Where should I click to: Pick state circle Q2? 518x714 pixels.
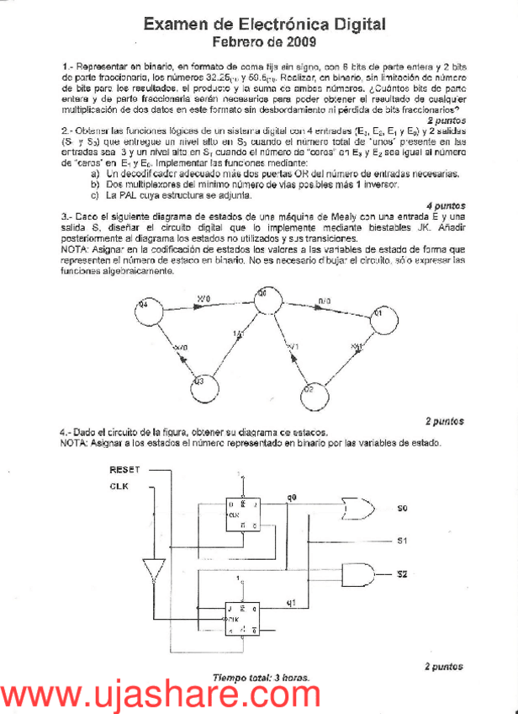(309, 392)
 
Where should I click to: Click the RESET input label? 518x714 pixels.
(124, 470)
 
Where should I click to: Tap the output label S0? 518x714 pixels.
(403, 509)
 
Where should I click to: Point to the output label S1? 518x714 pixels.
(403, 540)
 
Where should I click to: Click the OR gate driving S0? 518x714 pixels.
(356, 509)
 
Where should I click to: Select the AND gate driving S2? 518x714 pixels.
(360, 574)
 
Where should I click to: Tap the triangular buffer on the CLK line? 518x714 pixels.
(151, 568)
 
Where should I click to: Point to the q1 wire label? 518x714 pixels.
(291, 601)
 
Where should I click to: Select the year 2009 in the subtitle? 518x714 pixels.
(299, 41)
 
